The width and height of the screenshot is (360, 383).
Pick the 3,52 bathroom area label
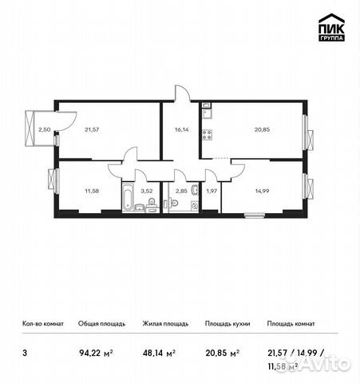pyautogui.click(x=146, y=191)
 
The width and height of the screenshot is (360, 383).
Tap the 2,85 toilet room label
pyautogui.click(x=180, y=191)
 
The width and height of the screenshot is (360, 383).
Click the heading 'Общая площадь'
pyautogui.click(x=100, y=324)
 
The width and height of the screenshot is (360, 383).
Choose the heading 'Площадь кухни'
pyautogui.click(x=227, y=324)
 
